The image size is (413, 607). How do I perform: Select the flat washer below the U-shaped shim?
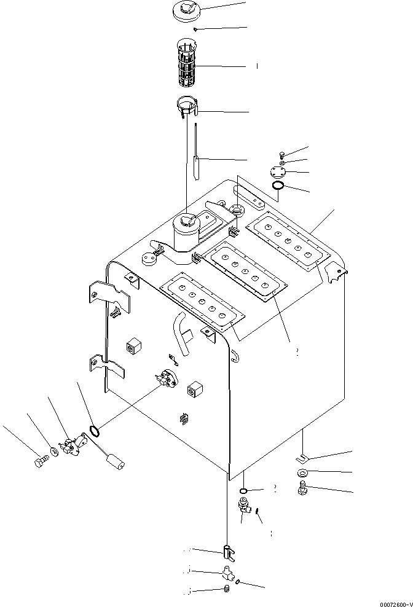tap(303, 473)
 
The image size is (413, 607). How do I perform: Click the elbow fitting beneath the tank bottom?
tap(245, 507)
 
